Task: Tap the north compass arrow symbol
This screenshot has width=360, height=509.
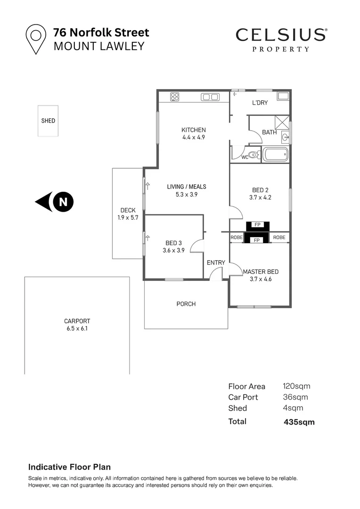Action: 55,202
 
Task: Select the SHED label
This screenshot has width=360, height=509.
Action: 48,121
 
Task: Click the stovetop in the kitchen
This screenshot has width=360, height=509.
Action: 175,97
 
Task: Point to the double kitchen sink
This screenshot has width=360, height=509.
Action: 210,97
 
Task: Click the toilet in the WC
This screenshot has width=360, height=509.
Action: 254,155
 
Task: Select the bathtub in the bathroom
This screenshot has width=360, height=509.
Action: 275,154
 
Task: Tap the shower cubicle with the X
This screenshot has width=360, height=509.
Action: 282,123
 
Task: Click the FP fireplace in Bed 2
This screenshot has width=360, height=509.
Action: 257,225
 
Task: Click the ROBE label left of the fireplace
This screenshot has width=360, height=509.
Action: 237,237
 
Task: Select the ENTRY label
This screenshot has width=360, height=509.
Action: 216,263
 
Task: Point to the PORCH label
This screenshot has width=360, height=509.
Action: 186,304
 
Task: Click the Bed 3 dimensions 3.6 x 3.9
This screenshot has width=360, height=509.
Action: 174,250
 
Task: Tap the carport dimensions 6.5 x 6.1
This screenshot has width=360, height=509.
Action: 77,328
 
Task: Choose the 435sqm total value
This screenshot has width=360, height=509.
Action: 299,422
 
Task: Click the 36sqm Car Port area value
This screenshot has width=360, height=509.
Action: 295,397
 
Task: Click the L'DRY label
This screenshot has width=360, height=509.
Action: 260,103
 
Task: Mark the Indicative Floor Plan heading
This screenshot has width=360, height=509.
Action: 69,467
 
